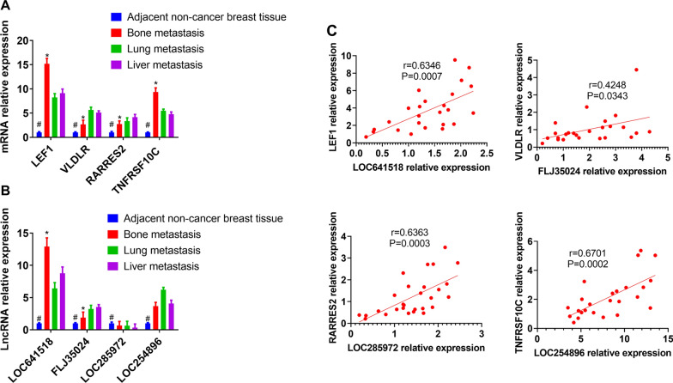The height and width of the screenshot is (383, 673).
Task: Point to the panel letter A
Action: pyautogui.click(x=7, y=7)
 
